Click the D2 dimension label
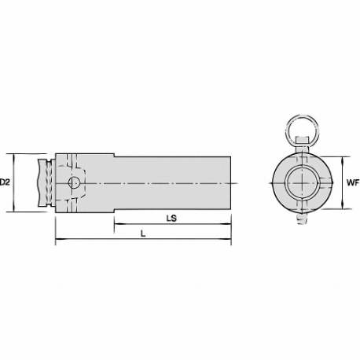click(6, 182)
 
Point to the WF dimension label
click(351, 182)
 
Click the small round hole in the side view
click(73, 183)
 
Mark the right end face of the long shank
click(230, 182)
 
